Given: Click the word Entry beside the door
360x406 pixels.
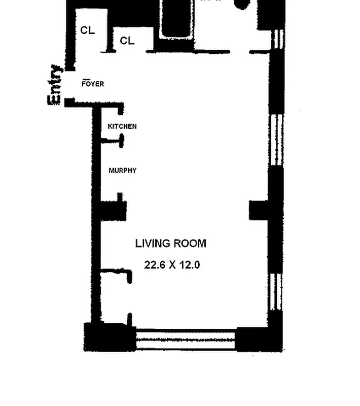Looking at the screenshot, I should (x=55, y=85).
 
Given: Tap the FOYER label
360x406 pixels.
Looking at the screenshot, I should (x=93, y=84).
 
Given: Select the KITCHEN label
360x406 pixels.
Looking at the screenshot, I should (x=122, y=126).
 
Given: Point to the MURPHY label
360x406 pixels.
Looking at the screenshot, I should (x=122, y=171).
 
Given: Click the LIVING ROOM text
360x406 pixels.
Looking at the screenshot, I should (x=170, y=244).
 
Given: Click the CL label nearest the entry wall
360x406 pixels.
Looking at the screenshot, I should (x=87, y=30).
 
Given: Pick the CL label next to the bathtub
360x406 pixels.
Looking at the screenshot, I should (x=127, y=41).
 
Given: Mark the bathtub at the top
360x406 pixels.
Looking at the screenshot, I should (x=175, y=20).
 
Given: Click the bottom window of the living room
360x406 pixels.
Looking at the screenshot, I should (x=186, y=339).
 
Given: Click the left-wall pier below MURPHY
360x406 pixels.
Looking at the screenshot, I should (x=113, y=210).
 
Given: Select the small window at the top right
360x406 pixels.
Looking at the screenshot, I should (x=277, y=40).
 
